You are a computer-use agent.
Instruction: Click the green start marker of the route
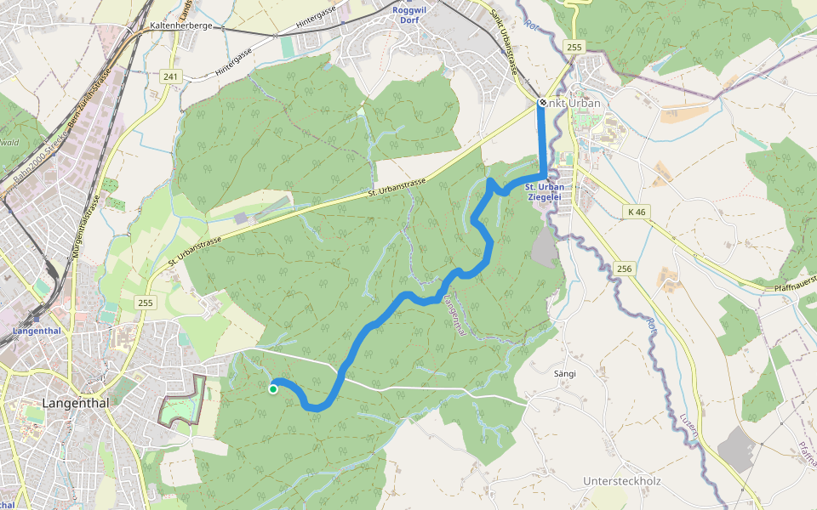pos(273,389)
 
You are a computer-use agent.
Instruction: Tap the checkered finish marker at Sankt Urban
pos(542,103)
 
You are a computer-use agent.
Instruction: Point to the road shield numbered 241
pos(171,77)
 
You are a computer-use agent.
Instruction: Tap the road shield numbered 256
pos(624,269)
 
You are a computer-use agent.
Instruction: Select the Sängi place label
pos(565,373)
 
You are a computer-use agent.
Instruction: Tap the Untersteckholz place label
pos(621,481)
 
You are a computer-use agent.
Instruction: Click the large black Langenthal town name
pos(76,403)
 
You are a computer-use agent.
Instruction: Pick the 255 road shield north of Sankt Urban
pos(574,48)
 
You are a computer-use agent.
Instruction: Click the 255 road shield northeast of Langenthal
pos(146,303)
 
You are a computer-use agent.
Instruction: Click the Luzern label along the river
pos(690,425)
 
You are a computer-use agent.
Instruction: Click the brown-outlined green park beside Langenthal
pos(182,401)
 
